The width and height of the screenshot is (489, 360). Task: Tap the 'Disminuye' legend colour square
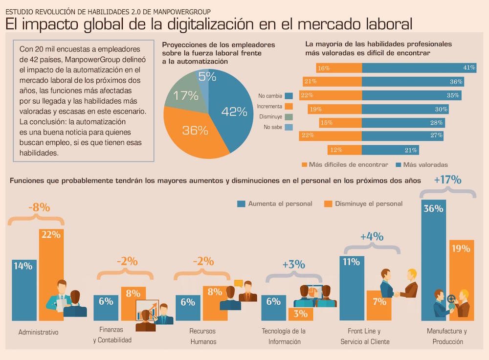tap(289, 116)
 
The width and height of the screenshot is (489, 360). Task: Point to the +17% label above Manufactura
tap(447, 180)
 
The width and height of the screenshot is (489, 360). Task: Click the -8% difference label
tap(39, 207)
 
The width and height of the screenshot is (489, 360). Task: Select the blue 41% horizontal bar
tap(419, 68)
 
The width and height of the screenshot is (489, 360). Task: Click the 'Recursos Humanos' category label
tap(202, 336)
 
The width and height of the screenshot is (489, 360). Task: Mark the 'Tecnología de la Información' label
tap(284, 336)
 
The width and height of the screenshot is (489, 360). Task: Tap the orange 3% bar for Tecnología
tap(301, 314)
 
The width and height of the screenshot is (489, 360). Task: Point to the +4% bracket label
tap(372, 237)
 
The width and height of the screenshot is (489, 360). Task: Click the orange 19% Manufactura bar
tap(462, 279)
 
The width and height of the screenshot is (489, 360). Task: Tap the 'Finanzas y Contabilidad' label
tap(112, 335)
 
